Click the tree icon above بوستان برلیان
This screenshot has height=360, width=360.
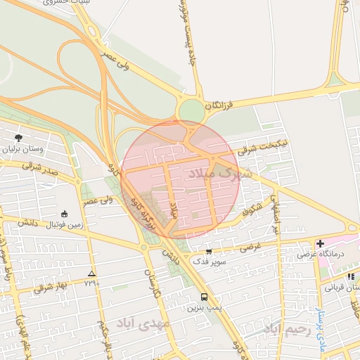click(18, 138)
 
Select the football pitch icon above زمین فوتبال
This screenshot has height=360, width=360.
click(65, 214)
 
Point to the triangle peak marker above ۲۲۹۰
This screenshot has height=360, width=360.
click(91, 273)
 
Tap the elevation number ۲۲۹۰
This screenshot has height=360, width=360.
click(91, 283)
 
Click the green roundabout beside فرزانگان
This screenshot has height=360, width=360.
click(190, 110)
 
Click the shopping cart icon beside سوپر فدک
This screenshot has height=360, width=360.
click(208, 252)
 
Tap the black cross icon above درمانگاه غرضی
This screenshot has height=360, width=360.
click(320, 243)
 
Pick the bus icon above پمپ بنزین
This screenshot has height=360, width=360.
click(204, 297)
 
